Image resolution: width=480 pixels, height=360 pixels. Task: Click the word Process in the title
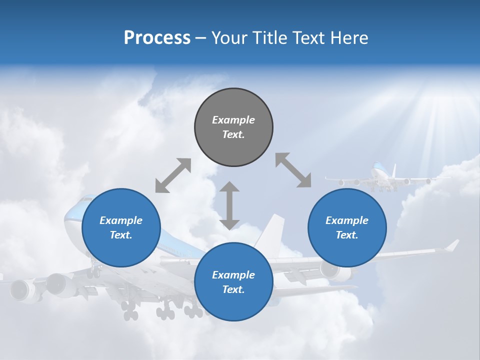pos(157,38)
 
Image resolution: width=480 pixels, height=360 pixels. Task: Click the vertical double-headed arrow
pos(229,205)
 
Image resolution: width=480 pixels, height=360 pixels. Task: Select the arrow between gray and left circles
pos(173,175)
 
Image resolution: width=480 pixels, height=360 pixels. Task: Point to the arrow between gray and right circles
pos(293,170)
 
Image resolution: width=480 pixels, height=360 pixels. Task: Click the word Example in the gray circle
pos(233,120)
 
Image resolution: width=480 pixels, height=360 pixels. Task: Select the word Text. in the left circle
pos(121,235)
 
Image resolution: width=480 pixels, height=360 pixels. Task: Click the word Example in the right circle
pos(347,220)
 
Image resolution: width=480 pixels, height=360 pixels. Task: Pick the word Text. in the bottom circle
pos(233,289)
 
